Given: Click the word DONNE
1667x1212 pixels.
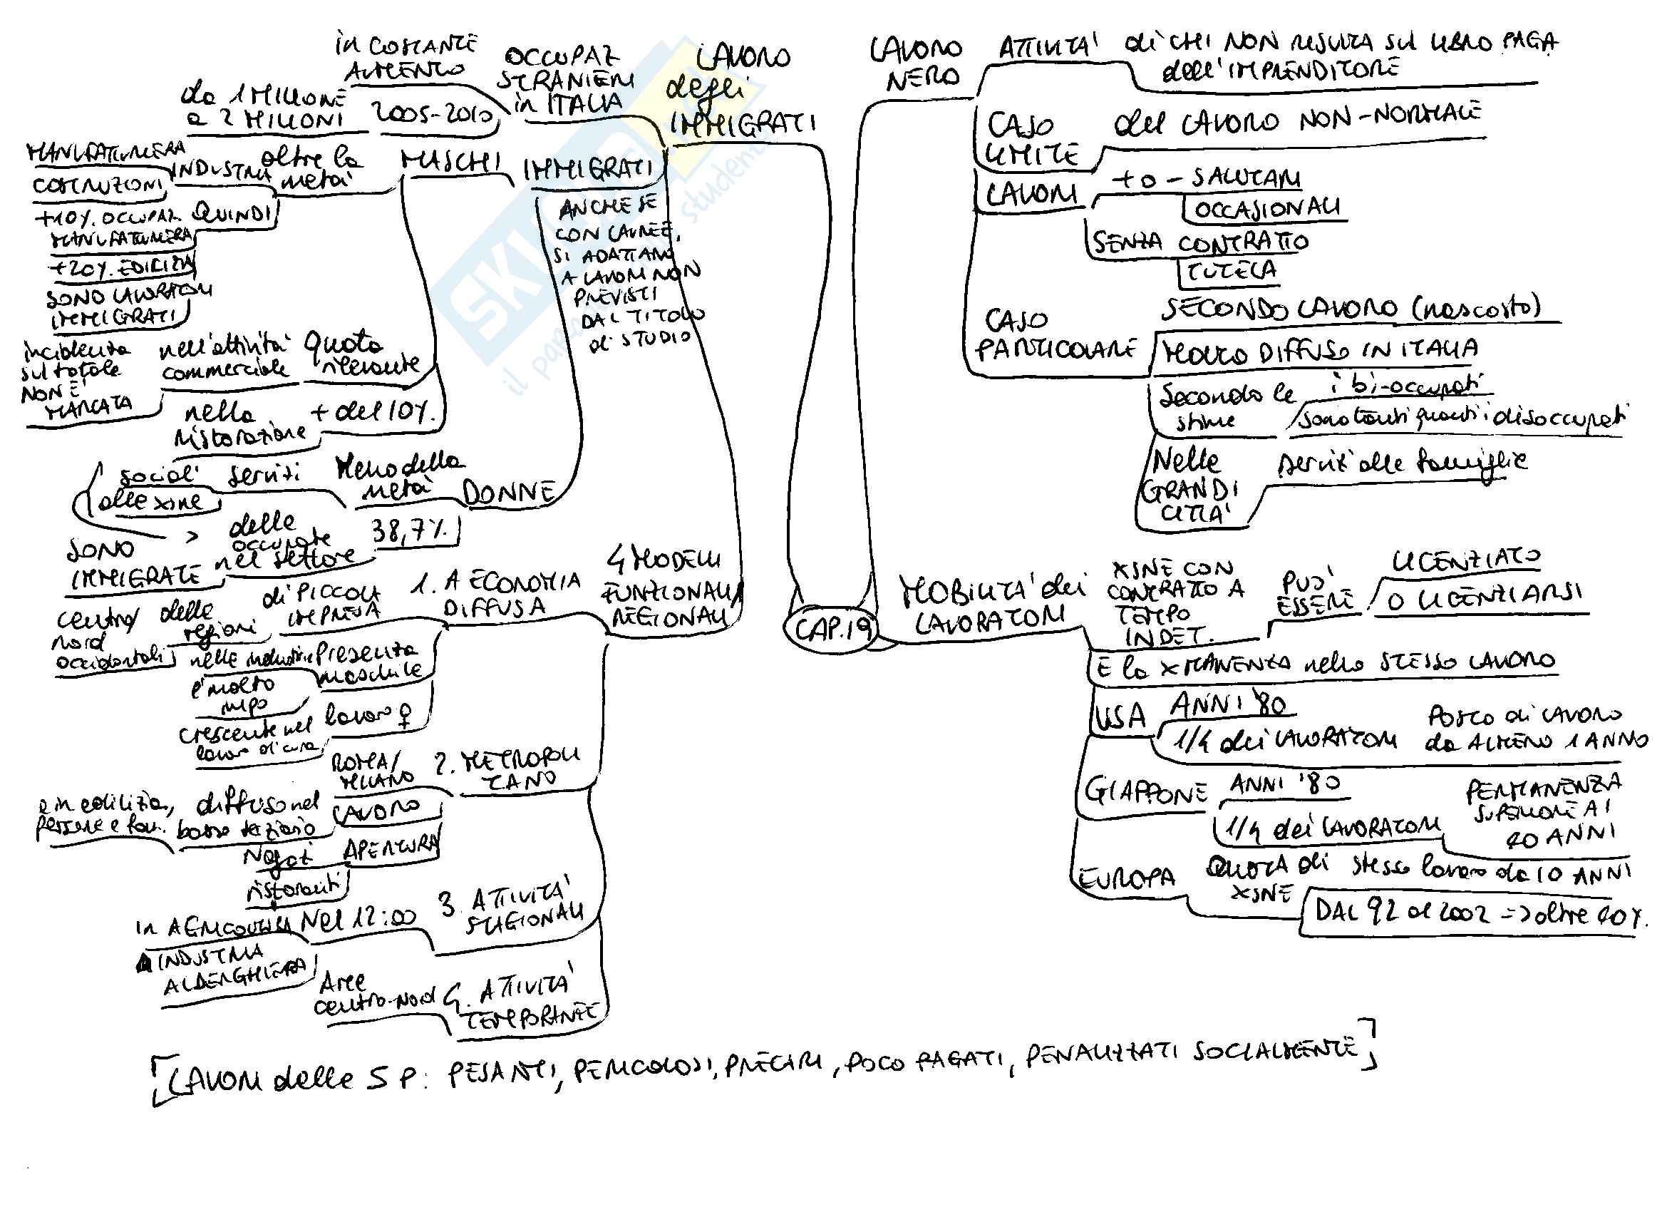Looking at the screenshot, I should [509, 493].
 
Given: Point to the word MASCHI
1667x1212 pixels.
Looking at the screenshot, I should [451, 163].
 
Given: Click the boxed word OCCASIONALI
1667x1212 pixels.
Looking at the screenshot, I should [1266, 209].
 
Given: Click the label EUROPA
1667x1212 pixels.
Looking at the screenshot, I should [1127, 878].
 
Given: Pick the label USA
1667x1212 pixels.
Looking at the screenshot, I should [1120, 717].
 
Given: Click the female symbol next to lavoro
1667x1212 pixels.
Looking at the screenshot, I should [403, 712].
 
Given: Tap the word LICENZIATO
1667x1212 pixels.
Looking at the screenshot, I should [1465, 562].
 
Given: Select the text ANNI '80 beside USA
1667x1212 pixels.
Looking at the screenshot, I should [1228, 706].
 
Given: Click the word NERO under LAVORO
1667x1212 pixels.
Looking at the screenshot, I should [922, 78].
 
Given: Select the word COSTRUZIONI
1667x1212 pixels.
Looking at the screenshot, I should [97, 185].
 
